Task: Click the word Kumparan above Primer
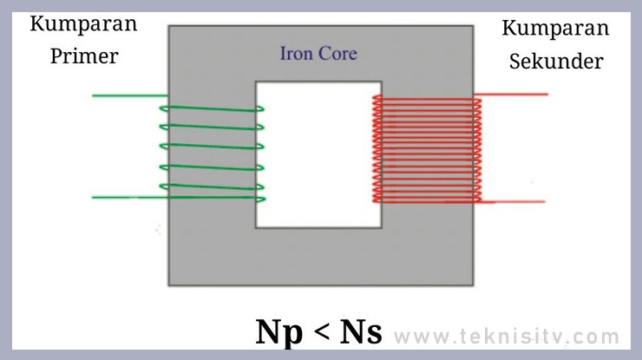click(83, 23)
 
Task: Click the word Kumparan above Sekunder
click(555, 28)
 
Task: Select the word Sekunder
click(555, 62)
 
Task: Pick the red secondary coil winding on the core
click(427, 148)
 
